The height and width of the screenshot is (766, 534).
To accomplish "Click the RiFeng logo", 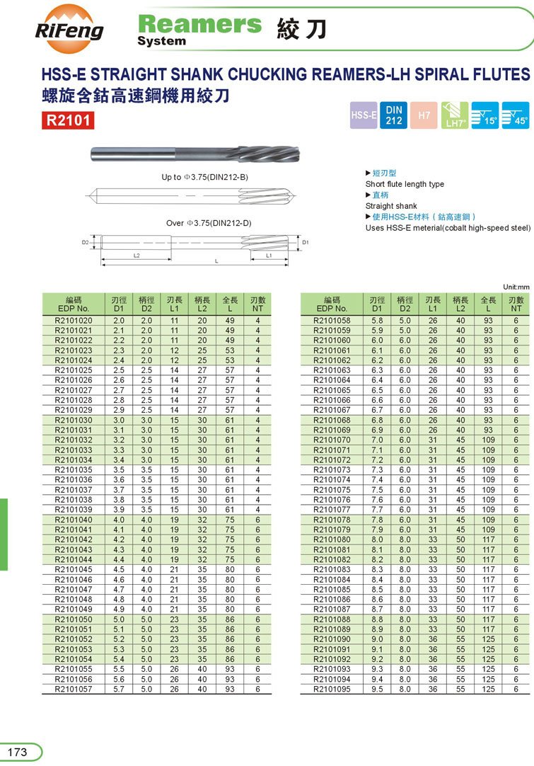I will coord(69,28).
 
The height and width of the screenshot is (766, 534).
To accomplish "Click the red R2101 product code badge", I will coord(68,120).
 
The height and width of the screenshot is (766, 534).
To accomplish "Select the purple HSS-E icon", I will coord(364,115).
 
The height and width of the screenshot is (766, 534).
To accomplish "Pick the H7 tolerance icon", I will coord(424,115).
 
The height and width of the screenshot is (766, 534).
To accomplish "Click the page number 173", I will coord(17,752).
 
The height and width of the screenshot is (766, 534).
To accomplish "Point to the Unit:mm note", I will coord(516,287).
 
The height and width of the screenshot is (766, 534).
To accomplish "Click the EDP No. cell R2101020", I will coord(74,321).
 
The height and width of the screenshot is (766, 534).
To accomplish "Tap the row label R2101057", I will coord(74,688).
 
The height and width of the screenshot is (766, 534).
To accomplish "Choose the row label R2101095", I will coord(332,688).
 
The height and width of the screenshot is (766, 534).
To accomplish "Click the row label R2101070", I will coord(332,440).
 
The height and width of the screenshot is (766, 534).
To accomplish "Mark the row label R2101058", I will coord(332,321).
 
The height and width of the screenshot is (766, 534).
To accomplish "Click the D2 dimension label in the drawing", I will coord(85,242).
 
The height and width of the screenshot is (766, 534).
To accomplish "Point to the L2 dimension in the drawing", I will coord(137,256).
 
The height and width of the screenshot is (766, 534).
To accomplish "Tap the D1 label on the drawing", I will coord(306,242).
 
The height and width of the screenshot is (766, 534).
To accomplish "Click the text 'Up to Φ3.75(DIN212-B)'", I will coord(205,177).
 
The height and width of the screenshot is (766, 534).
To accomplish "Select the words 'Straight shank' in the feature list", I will coord(391,206).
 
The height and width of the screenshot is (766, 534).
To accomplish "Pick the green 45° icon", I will coord(515,115).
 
